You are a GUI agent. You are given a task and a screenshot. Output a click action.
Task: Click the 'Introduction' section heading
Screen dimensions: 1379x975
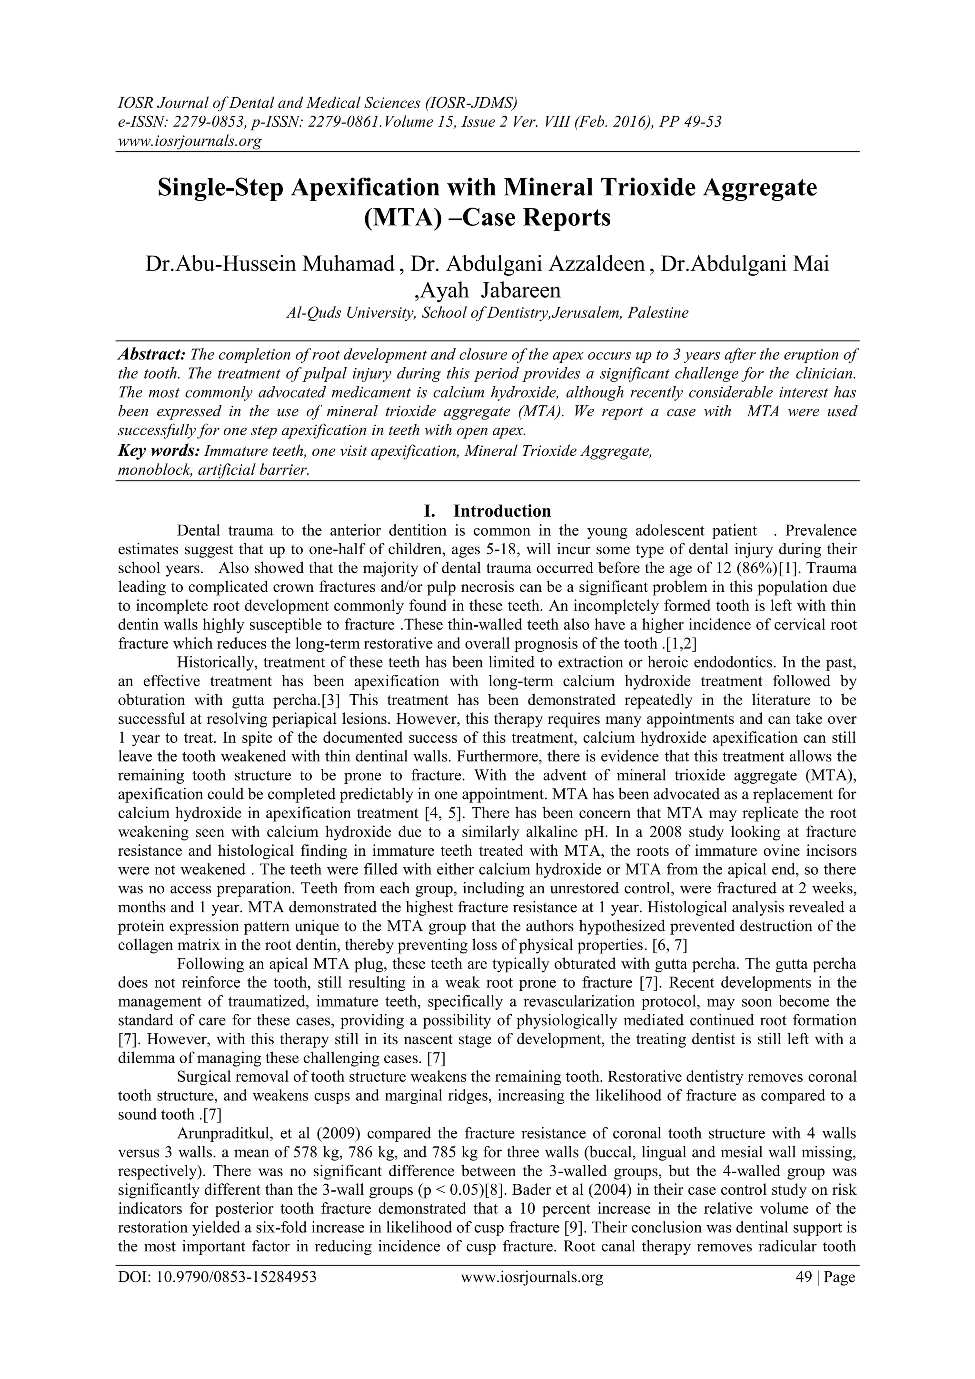point(502,511)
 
